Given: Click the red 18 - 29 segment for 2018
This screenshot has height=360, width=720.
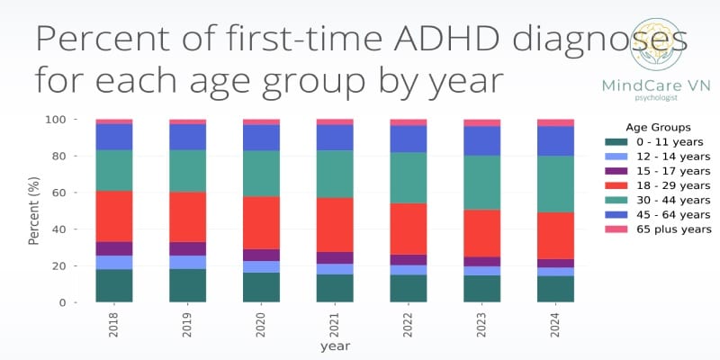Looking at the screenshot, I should [114, 216].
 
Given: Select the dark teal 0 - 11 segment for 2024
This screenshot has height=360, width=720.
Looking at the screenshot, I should [555, 289].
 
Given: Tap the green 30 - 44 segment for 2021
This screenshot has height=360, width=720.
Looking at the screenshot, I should [335, 174].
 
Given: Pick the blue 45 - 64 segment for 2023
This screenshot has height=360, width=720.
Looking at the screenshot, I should [481, 141].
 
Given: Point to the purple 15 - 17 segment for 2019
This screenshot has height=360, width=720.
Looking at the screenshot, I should [187, 248].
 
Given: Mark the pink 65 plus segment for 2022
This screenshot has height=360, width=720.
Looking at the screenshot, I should [409, 121].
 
